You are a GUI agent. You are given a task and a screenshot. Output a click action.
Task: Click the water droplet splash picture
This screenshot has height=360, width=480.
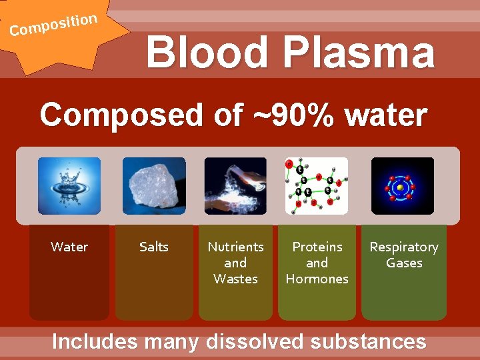point(69,185)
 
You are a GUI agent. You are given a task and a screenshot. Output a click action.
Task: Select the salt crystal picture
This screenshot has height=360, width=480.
point(154,185)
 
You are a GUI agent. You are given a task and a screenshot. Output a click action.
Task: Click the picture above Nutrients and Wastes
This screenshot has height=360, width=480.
point(235,185)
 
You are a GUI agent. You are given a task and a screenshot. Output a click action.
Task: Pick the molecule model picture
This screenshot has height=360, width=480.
point(317,185)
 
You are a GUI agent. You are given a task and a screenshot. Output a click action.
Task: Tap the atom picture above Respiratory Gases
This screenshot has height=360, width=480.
point(402,185)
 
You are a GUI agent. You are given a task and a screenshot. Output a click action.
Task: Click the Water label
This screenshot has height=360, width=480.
point(69,247)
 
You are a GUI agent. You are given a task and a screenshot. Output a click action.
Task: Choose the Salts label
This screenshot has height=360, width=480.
point(154,247)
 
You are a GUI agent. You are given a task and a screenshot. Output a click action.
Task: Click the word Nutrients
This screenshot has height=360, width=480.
point(235,247)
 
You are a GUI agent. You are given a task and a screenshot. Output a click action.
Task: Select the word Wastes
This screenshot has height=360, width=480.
point(235,279)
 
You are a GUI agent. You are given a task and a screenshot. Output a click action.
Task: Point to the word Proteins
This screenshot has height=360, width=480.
point(317,247)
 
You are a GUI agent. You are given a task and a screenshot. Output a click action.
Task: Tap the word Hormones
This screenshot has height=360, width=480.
point(317,279)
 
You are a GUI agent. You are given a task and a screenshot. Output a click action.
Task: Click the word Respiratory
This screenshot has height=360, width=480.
point(404,247)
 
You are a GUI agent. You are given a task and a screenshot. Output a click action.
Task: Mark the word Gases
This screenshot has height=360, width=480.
point(404,263)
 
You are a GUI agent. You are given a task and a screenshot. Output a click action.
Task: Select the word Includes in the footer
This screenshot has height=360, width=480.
point(95,341)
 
